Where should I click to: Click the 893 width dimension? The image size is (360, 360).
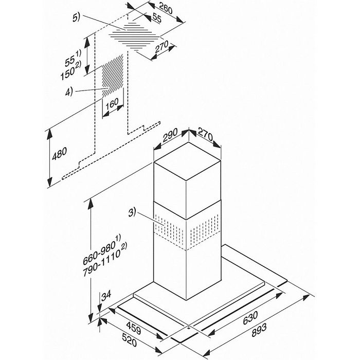[259, 330]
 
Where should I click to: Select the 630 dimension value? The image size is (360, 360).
[250, 318]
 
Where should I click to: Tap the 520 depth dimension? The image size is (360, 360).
[129, 340]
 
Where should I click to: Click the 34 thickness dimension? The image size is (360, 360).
[106, 296]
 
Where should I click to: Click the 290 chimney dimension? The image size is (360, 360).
[170, 135]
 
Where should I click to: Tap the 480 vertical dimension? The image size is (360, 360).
[60, 153]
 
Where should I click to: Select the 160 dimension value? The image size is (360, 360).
[112, 103]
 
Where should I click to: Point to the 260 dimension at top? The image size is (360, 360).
[166, 8]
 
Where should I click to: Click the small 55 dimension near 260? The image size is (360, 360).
[157, 18]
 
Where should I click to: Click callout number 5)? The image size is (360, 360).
[76, 17]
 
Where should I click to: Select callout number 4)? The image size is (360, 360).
[69, 92]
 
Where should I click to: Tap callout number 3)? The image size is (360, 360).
[132, 212]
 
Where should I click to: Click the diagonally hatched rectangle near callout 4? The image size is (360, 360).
[113, 76]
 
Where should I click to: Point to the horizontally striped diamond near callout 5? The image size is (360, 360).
[134, 37]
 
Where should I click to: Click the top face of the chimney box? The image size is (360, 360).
[187, 161]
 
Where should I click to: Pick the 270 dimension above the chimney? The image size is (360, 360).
[206, 135]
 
